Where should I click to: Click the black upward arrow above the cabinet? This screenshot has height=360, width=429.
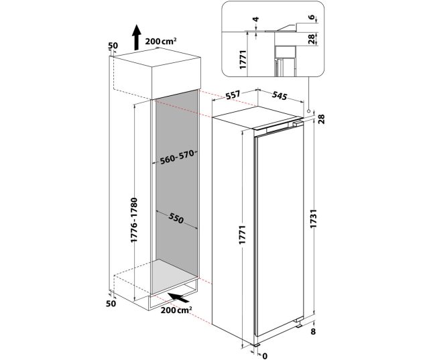(x=136, y=37)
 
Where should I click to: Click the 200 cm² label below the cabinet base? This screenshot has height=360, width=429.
(x=176, y=310)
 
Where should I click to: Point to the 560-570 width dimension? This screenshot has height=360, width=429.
(x=177, y=158)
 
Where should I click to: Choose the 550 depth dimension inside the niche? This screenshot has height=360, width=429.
(x=176, y=219)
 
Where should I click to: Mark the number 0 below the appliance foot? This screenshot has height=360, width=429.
(x=265, y=355)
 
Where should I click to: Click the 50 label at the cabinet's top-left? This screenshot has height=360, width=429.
(x=112, y=46)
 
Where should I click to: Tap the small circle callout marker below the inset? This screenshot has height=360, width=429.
(x=308, y=111)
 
